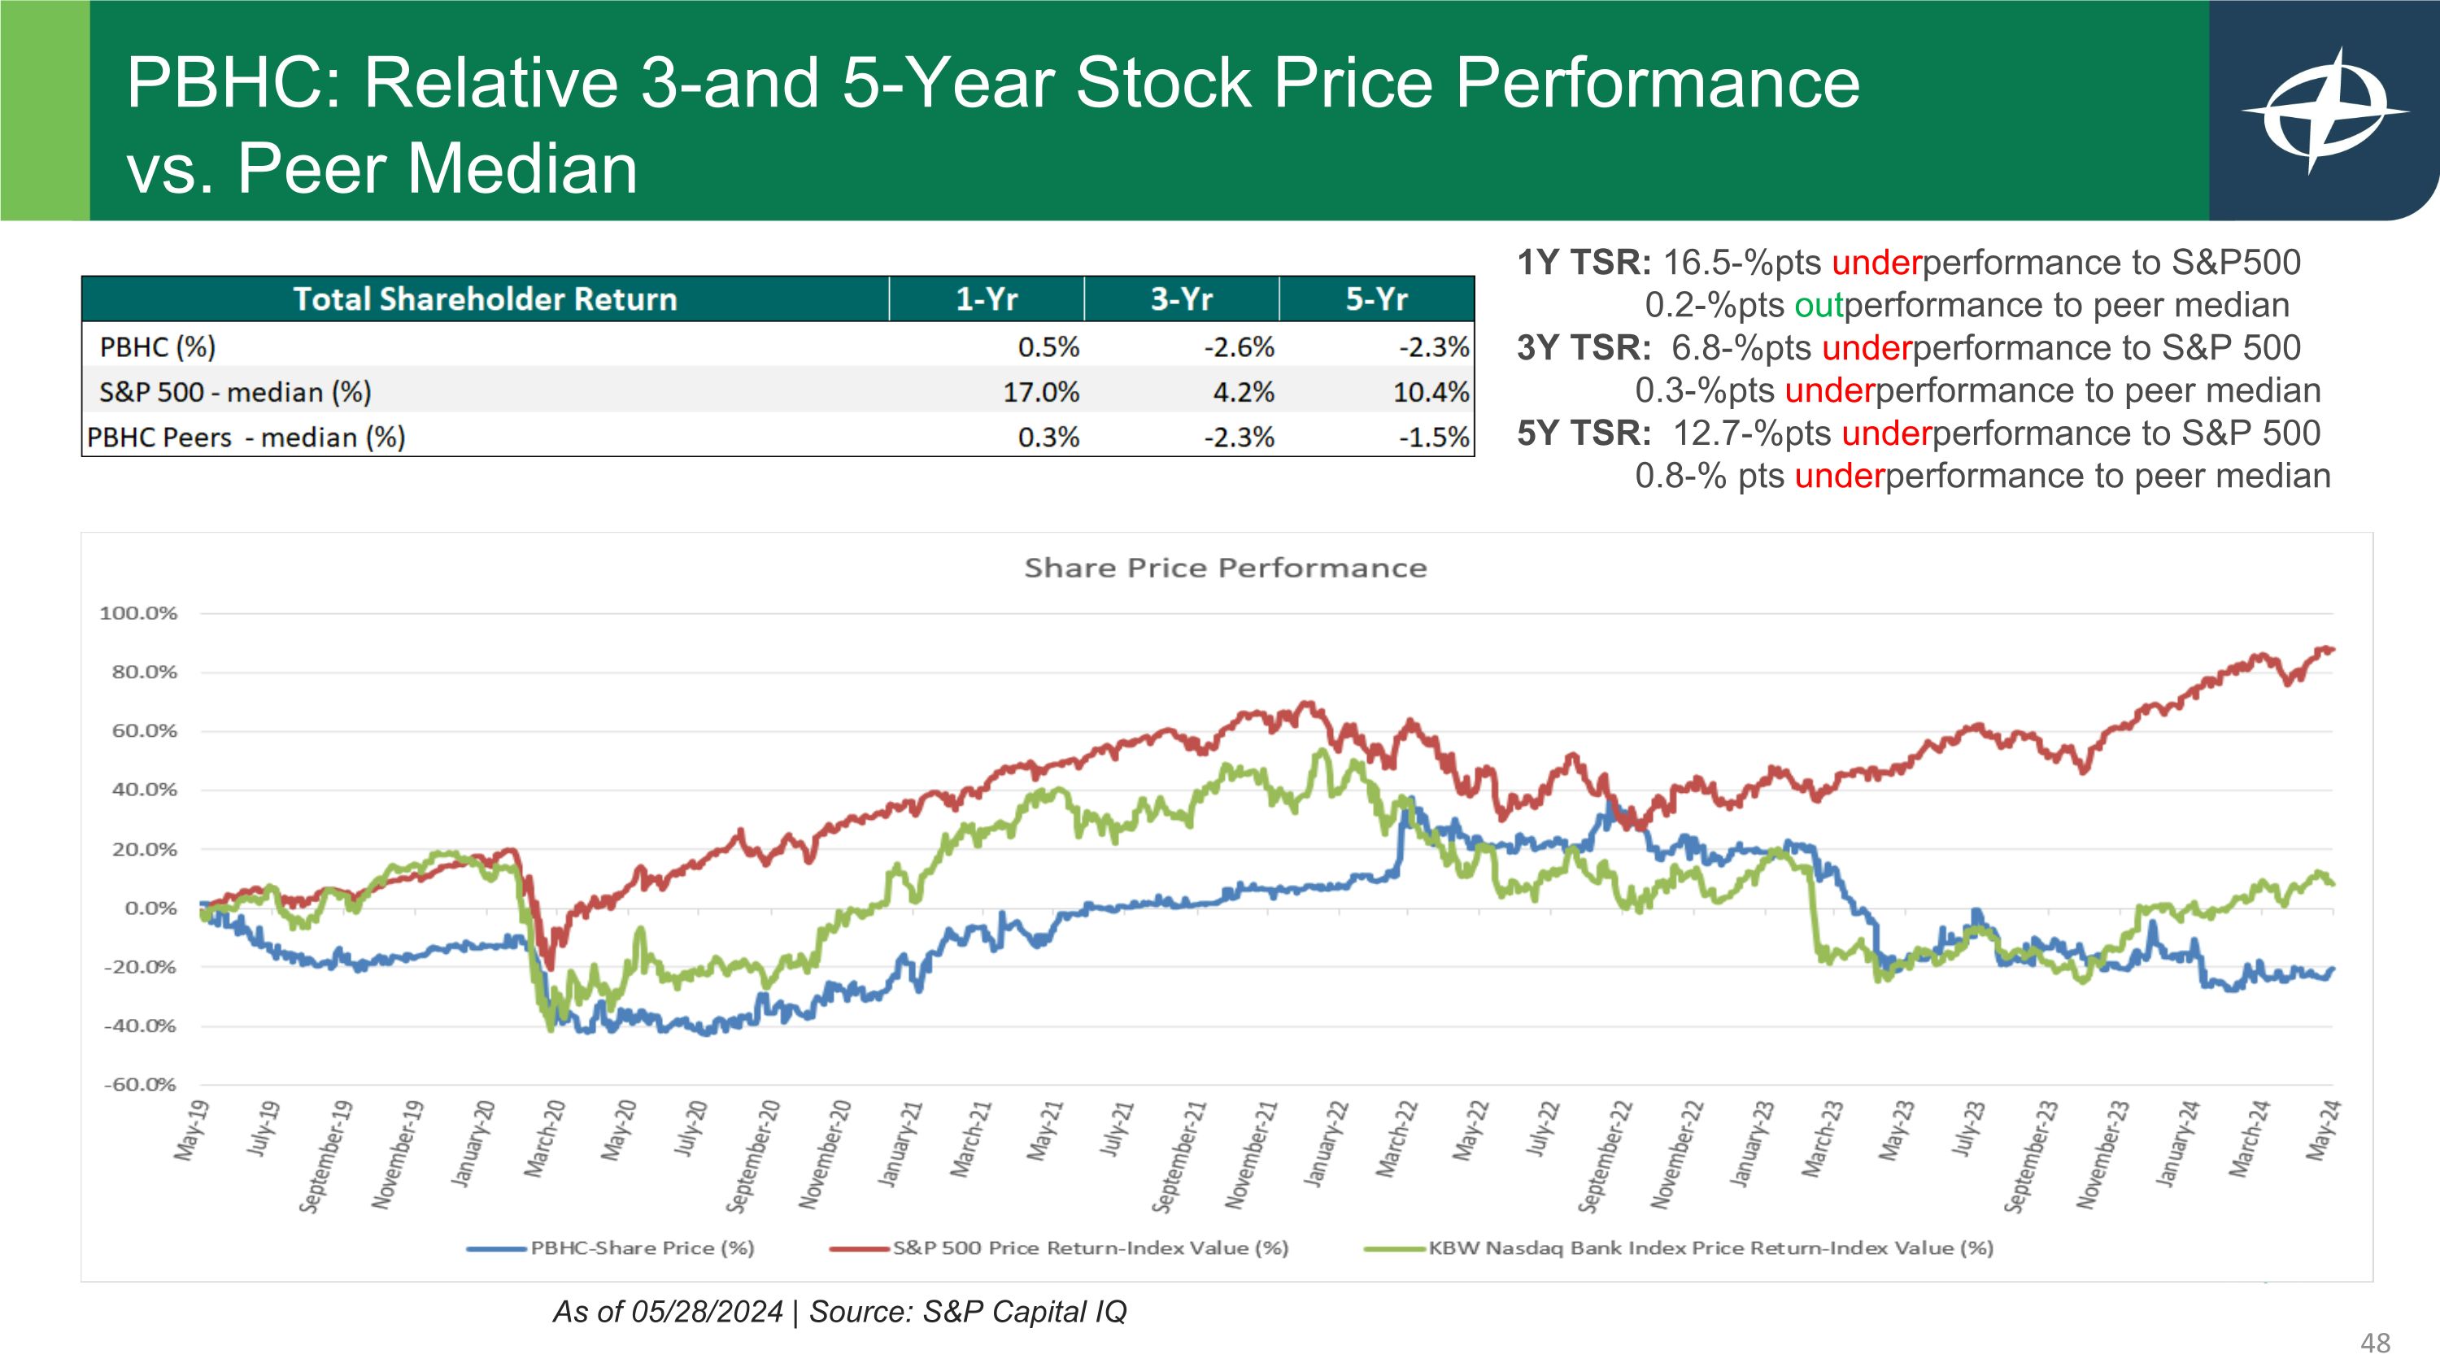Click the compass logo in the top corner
2325,111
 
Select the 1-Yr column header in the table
986,299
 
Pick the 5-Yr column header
1376,299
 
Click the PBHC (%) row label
157,346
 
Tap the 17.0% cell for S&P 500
1041,392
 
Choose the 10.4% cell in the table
1431,392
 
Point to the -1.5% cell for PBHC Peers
1434,438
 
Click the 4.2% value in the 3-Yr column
1244,392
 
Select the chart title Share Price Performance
1225,568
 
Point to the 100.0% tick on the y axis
138,613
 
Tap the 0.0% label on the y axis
150,909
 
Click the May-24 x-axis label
2324,1130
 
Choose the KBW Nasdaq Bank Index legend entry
1710,1248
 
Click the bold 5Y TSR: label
1584,433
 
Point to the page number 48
2376,1343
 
